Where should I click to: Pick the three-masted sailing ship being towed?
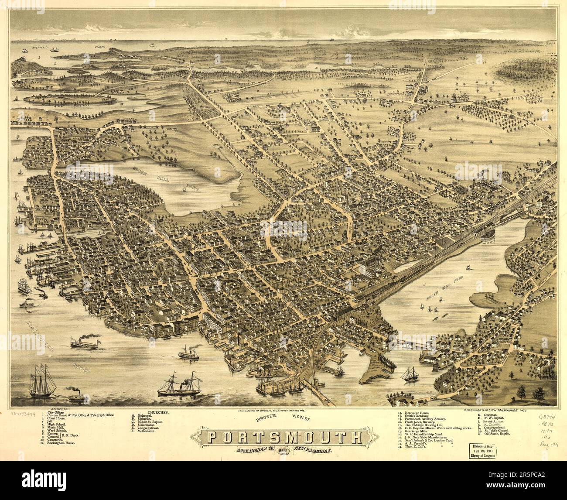[x=42, y=380]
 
